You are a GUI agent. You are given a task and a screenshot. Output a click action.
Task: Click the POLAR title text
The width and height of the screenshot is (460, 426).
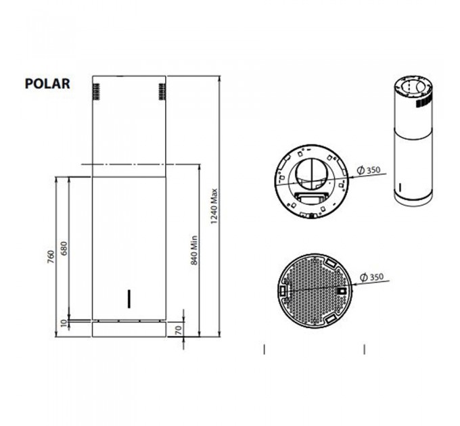click(x=47, y=84)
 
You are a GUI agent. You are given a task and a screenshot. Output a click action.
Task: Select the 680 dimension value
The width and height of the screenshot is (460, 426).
click(x=64, y=248)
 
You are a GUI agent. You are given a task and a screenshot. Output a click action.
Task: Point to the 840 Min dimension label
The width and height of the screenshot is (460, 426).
click(x=193, y=250)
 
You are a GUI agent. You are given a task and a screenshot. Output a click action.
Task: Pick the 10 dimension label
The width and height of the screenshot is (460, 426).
click(x=64, y=324)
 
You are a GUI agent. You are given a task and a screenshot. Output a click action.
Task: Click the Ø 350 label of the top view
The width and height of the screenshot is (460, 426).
click(x=369, y=170)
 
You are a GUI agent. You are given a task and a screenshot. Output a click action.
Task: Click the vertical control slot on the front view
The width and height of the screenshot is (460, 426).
click(x=129, y=298)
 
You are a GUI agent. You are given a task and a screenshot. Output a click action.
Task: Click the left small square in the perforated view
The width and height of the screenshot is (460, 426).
click(x=283, y=290)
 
